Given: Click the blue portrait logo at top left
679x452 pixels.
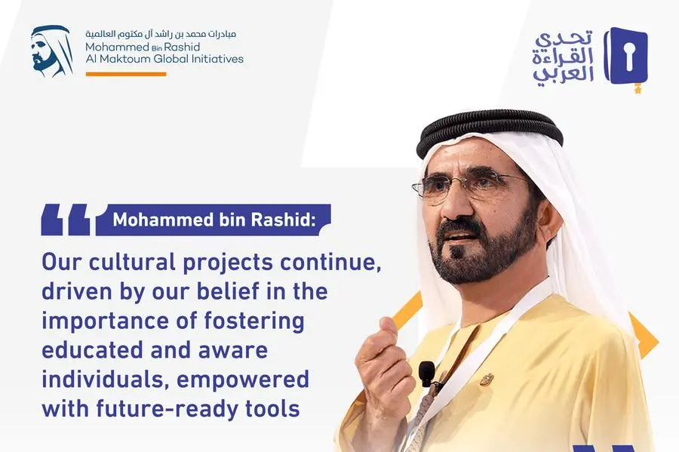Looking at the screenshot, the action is (52, 51).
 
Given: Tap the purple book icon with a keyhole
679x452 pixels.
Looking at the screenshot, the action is (626, 55).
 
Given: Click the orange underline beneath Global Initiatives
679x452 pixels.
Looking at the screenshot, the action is (126, 74).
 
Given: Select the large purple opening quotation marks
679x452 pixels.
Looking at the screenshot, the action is (66, 220).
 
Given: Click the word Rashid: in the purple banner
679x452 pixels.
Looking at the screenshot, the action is (283, 220).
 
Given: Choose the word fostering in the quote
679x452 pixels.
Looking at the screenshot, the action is (253, 321).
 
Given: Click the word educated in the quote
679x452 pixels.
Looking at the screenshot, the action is (92, 350).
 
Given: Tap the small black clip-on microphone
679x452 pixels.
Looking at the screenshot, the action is (426, 374).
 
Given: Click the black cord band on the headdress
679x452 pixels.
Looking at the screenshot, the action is (490, 130).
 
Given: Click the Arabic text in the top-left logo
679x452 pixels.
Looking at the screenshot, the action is (161, 34).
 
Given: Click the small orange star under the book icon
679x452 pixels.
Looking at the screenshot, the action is (638, 90).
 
